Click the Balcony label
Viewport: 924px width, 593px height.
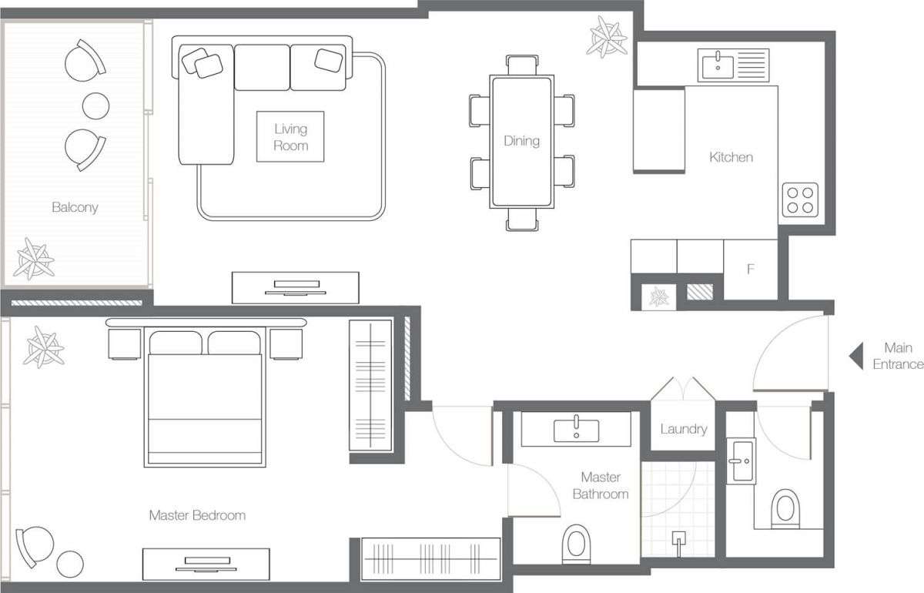click(x=75, y=207)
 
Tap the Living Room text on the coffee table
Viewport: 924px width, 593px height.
click(x=290, y=137)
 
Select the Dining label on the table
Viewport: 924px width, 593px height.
click(x=521, y=141)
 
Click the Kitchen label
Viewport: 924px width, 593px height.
click(x=731, y=157)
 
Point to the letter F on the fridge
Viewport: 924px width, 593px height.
click(x=751, y=269)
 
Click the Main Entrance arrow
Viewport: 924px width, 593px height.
click(x=856, y=356)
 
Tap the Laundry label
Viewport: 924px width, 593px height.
click(x=684, y=429)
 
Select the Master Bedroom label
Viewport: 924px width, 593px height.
click(x=197, y=515)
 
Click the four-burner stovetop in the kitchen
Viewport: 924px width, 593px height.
click(x=800, y=200)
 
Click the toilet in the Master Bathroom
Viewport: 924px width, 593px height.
click(x=576, y=544)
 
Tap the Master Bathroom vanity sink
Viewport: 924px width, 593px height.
click(x=576, y=430)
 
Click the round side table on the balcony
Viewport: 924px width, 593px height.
click(x=95, y=106)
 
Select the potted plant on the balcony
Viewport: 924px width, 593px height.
click(x=34, y=259)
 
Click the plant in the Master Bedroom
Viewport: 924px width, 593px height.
click(x=44, y=347)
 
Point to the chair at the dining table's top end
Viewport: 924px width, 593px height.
click(x=522, y=65)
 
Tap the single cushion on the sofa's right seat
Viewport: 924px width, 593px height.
click(x=328, y=60)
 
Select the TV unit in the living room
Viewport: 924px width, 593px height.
click(x=296, y=287)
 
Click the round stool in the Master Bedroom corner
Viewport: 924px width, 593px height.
click(x=70, y=564)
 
